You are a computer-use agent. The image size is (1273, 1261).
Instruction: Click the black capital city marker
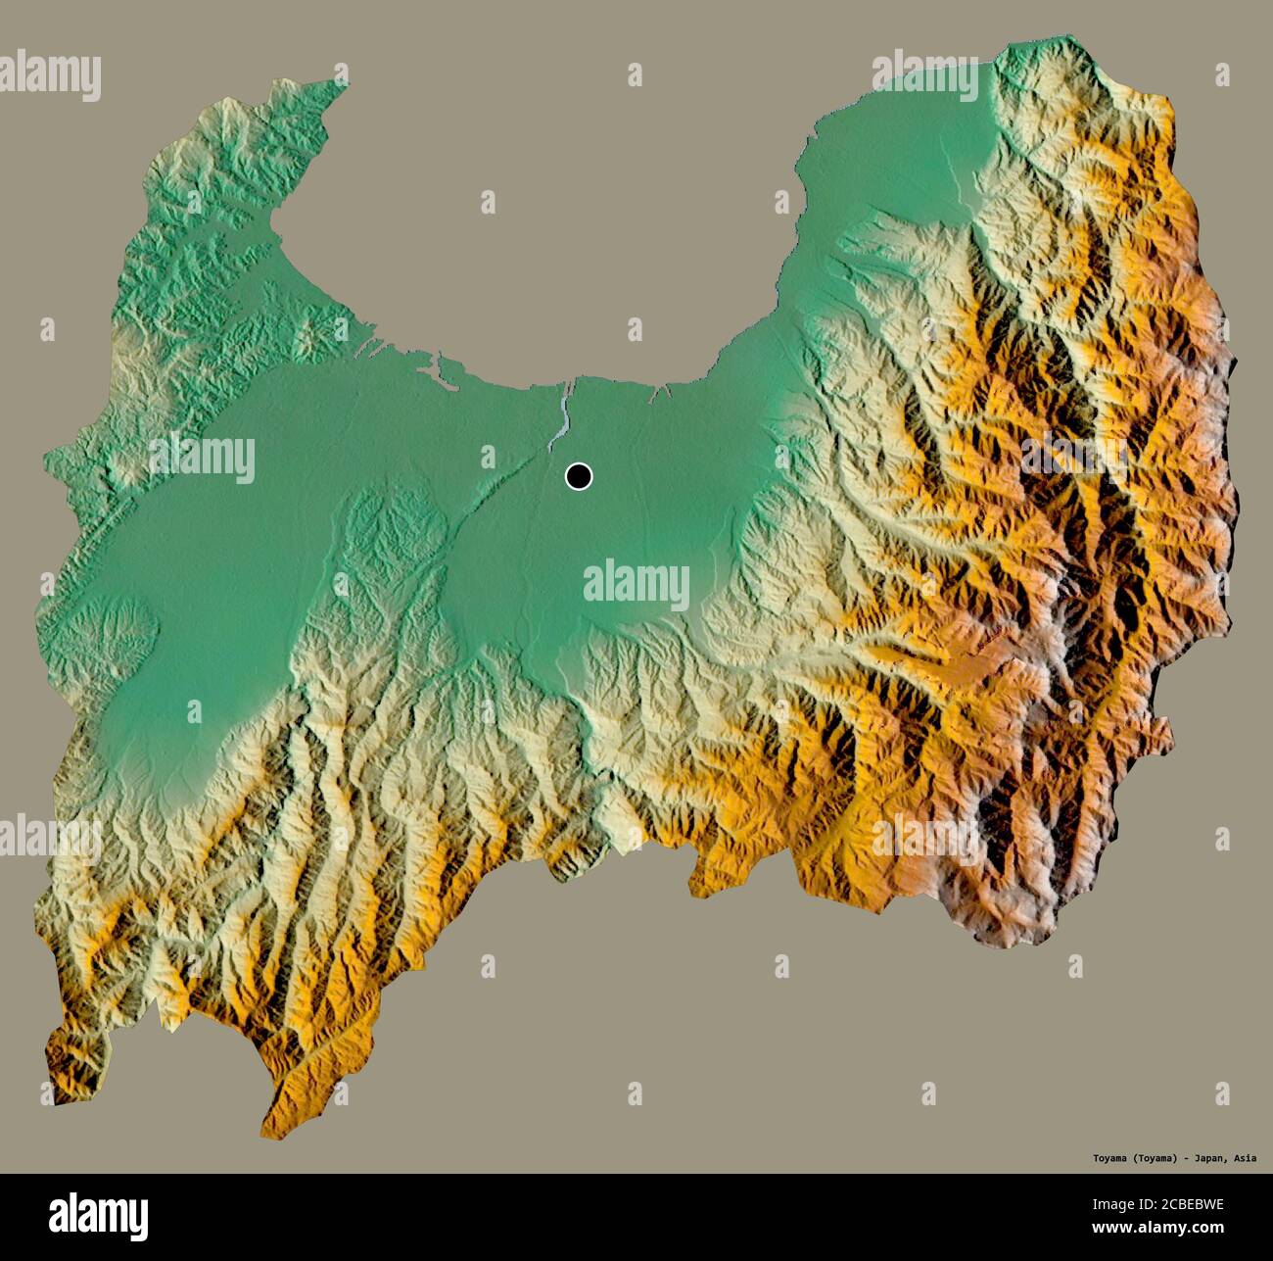(579, 477)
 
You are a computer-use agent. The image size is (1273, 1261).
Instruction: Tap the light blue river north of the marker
(564, 416)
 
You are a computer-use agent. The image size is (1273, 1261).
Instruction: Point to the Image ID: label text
(1117, 1206)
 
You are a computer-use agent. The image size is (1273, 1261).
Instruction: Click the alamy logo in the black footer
(98, 1215)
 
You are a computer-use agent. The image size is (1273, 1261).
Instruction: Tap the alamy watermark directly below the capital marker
(636, 585)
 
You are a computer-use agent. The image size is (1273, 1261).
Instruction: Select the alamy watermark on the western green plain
(202, 459)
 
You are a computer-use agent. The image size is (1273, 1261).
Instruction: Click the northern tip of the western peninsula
(345, 82)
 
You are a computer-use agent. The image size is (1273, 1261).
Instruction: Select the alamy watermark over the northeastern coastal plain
(924, 76)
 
